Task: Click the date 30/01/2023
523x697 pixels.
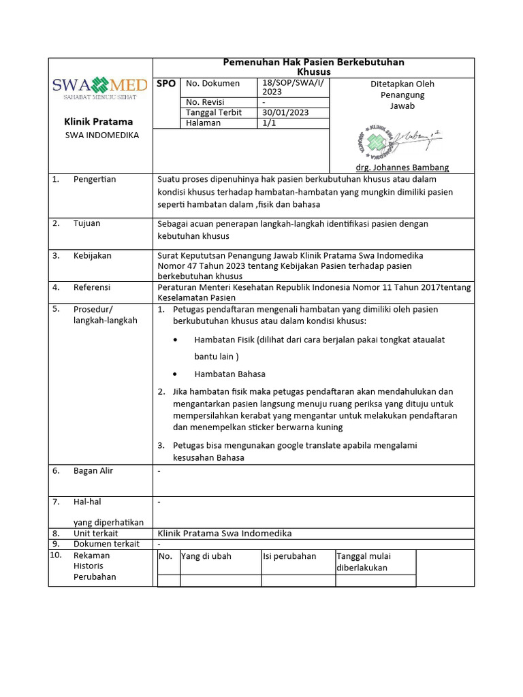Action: point(285,113)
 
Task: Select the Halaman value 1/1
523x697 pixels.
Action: point(269,123)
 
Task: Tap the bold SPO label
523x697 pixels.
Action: point(166,84)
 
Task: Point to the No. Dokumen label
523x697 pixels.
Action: point(212,84)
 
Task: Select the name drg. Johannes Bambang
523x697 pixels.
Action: point(402,167)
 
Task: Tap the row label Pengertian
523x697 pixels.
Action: point(95,180)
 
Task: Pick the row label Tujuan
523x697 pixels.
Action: point(87,223)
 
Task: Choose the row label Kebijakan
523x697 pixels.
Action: point(93,256)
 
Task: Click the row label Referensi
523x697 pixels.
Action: point(92,287)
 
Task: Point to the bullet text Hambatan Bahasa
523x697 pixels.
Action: point(229,374)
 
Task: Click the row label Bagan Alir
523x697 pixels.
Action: point(93,471)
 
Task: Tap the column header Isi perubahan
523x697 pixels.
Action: point(289,556)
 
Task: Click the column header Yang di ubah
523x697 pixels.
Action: point(206,556)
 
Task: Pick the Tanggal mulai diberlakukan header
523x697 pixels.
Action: point(364,562)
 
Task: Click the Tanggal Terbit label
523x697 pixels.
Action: point(214,113)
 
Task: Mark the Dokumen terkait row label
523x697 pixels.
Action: point(106,544)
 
